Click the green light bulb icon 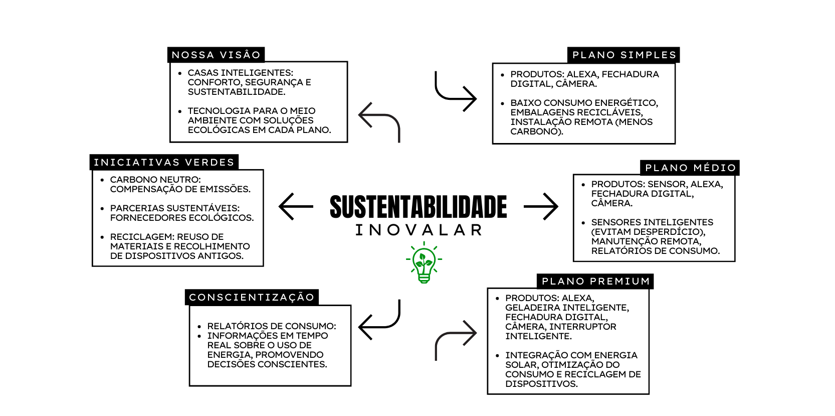tap(424, 263)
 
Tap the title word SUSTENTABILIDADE tap(418, 207)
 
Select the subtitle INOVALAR tap(419, 230)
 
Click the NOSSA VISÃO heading tap(216, 55)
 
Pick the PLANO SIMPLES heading tap(624, 55)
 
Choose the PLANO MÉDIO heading tap(690, 168)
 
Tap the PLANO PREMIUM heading tap(595, 281)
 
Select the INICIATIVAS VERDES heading tap(164, 162)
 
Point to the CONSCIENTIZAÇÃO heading tap(252, 297)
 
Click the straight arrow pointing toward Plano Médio tap(541, 206)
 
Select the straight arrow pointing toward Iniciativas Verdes tap(296, 206)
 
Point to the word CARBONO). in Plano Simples tap(537, 131)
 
